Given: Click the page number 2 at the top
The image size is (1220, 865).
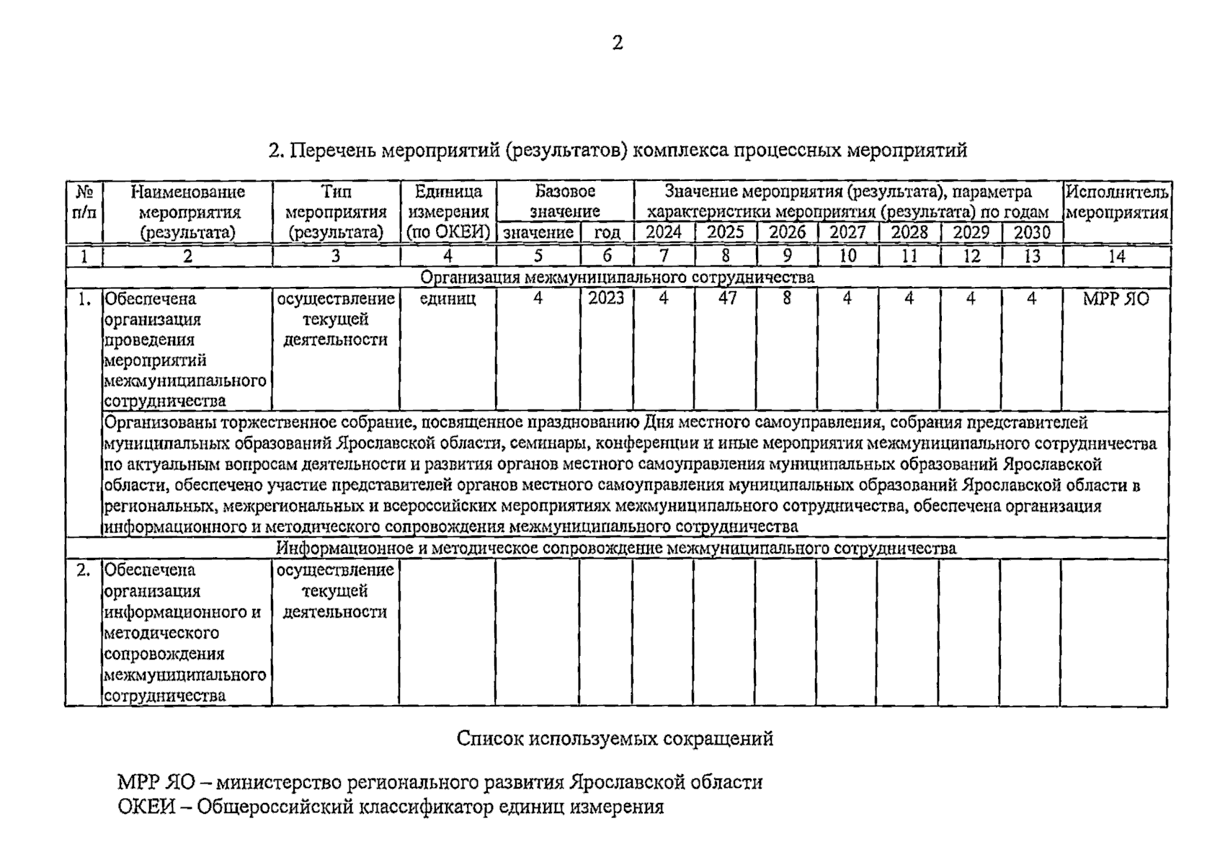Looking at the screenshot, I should [617, 43].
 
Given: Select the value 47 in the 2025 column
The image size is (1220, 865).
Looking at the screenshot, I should [726, 298].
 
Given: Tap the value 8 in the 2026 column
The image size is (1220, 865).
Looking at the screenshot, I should [787, 298].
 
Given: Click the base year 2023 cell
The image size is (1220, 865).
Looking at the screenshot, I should [606, 298].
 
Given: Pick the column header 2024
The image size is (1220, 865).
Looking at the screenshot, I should [664, 233].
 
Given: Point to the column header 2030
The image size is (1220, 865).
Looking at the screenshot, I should [1031, 233].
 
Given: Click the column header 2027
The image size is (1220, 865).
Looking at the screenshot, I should [847, 233].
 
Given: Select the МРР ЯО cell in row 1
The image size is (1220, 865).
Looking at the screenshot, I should [1116, 298].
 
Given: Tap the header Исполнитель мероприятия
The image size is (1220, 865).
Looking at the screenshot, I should [1117, 203].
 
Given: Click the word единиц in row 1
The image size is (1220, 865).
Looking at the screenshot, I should [448, 298].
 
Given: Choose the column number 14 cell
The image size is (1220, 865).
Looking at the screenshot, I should [1116, 256].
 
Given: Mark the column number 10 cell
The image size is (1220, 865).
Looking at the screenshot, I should [847, 256].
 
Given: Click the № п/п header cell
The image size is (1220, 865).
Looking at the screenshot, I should [84, 203].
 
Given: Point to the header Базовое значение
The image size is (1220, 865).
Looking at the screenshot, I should [565, 201].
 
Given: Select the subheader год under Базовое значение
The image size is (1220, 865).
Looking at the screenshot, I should [607, 233].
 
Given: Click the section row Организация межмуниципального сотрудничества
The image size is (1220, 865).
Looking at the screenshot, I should [617, 278].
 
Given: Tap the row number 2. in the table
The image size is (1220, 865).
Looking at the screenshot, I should [84, 570].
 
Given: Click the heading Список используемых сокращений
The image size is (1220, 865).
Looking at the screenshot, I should [615, 738].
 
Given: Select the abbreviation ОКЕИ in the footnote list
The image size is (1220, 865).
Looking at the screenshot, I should [146, 807].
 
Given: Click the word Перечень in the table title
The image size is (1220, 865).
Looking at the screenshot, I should [332, 151].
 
